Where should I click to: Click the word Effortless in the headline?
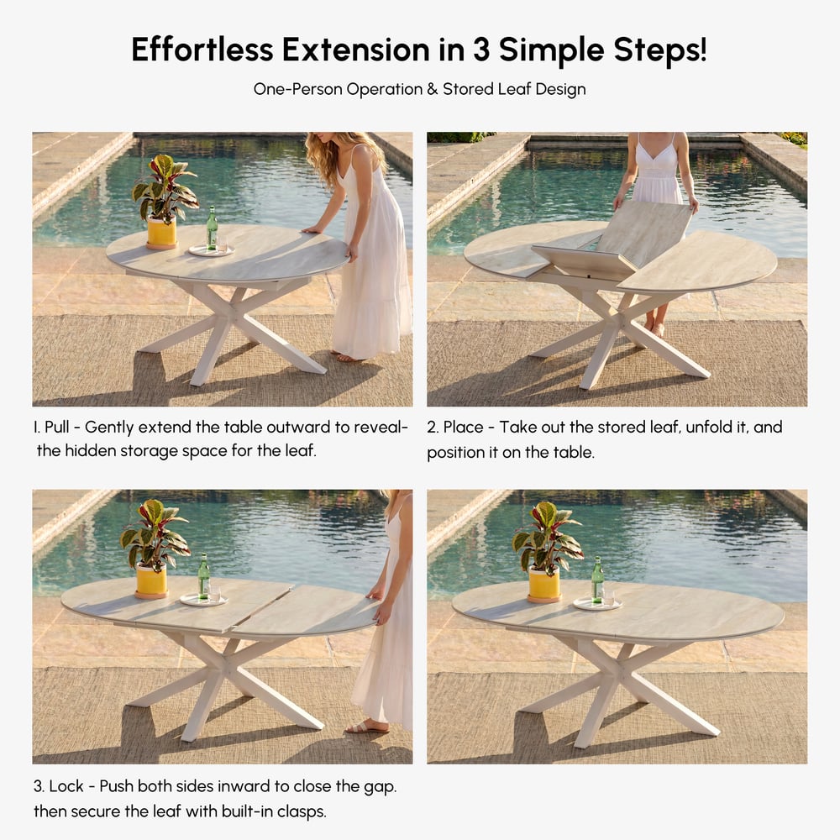point(202,50)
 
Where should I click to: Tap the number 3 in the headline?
point(481,50)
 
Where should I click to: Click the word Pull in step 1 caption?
point(57,427)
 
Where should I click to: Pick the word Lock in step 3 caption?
point(66,786)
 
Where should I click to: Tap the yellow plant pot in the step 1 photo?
point(162,233)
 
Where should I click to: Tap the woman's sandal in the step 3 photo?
point(368,727)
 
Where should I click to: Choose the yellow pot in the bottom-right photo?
point(544,585)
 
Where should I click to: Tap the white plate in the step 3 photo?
point(203,600)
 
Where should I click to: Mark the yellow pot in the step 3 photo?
point(151,581)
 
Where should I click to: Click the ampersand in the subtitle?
point(433,89)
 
